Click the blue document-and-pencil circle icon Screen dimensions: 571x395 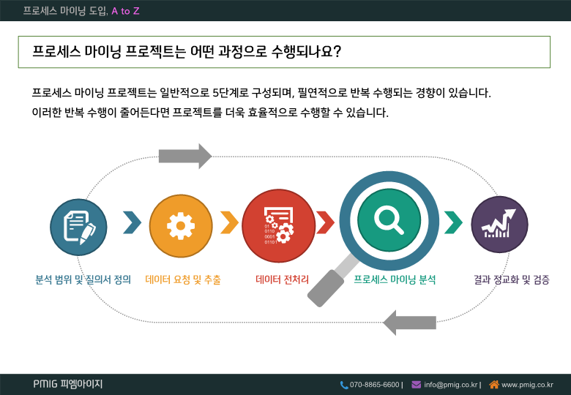point(78,227)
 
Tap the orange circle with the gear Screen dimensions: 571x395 point(181,226)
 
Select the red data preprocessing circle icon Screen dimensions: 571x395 point(279,225)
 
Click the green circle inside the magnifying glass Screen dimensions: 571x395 point(389,220)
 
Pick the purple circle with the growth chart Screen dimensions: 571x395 point(499,225)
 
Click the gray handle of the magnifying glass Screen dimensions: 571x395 point(326,288)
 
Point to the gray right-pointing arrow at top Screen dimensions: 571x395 point(185,157)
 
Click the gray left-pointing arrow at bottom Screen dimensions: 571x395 point(410,323)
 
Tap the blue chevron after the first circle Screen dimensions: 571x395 point(133,222)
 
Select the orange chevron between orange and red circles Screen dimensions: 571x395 point(229,222)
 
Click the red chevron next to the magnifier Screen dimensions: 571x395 point(325,222)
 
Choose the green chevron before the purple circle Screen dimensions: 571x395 point(453,222)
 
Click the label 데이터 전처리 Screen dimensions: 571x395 point(283,279)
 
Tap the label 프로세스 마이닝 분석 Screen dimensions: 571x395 point(395,279)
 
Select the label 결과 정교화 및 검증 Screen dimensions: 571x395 point(512,279)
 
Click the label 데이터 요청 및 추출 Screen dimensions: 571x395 point(183,279)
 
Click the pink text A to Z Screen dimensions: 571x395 point(125,11)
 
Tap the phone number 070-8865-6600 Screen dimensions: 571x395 point(374,385)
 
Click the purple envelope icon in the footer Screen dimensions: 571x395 point(417,385)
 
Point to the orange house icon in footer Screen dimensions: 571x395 point(494,384)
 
